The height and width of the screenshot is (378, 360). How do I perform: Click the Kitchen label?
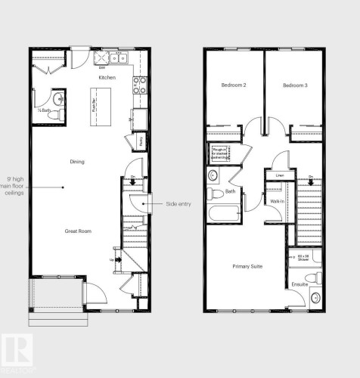click(x=107, y=78)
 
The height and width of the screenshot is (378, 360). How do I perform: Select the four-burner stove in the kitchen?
click(x=139, y=86)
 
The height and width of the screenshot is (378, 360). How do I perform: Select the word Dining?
click(x=76, y=161)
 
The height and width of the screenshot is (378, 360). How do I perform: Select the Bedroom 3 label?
click(x=295, y=85)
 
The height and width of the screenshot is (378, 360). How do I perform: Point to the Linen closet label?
click(x=279, y=175)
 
